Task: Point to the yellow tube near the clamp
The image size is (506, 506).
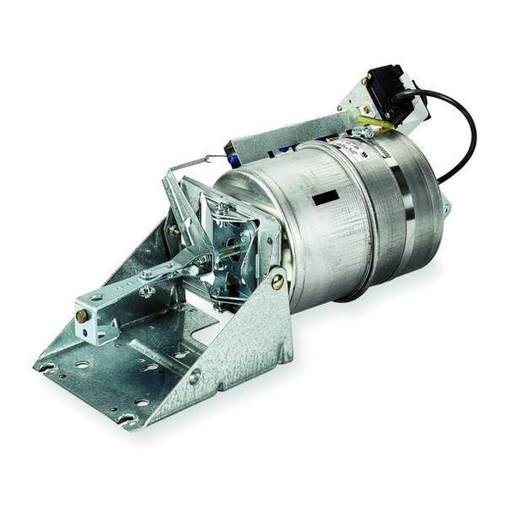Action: click(378, 125)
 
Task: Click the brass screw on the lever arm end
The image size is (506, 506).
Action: click(81, 316)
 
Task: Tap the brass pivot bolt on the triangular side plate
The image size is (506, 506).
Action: click(277, 280)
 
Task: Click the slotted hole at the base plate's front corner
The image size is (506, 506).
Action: click(126, 418)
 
